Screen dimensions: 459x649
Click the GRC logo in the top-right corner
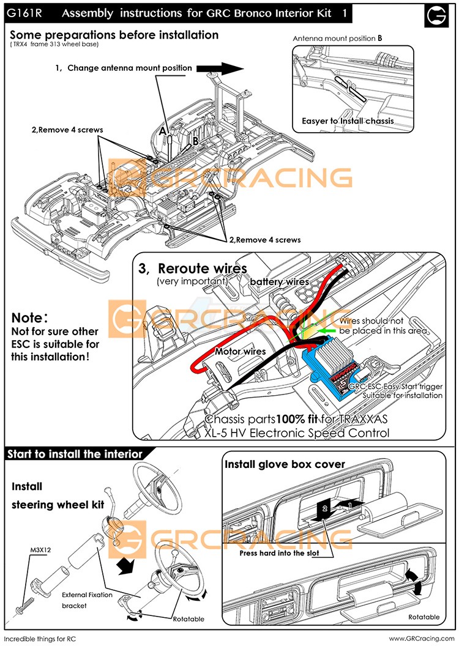coord(436,16)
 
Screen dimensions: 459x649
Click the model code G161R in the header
coord(24,13)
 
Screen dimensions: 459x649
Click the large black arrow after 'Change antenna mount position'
coord(220,69)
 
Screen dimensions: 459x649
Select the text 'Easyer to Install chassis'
coord(348,121)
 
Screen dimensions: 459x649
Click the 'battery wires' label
coord(279,282)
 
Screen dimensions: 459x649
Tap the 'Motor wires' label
coord(241,351)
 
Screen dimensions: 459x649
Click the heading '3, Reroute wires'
coord(193,269)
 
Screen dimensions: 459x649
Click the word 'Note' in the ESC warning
coord(27,318)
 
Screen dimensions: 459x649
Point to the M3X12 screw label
coord(40,550)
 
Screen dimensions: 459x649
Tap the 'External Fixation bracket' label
coord(87,600)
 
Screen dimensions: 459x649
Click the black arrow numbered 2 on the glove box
coord(325,510)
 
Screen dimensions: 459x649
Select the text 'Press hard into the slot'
coord(279,553)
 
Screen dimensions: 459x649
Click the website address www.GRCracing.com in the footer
coord(422,639)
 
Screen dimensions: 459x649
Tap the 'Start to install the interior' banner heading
coord(75,454)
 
